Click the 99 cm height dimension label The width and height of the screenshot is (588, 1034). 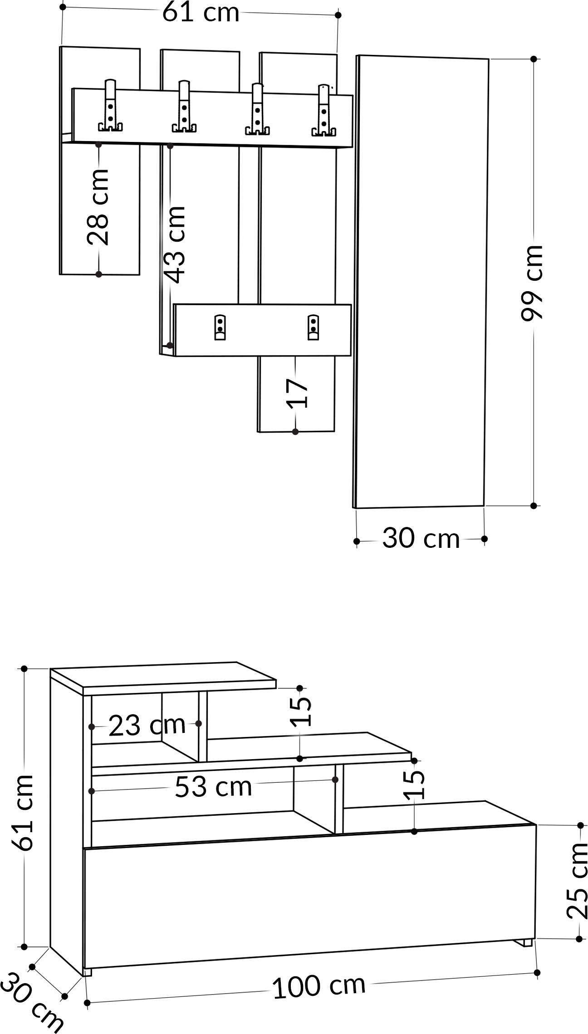click(x=532, y=283)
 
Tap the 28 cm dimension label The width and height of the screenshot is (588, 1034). click(x=98, y=207)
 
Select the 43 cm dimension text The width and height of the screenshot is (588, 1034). click(x=175, y=244)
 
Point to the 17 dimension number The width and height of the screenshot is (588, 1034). click(x=298, y=394)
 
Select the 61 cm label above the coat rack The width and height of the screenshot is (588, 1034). click(x=201, y=12)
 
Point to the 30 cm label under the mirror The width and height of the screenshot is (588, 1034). click(x=421, y=538)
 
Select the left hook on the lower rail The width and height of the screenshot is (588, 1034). click(x=220, y=327)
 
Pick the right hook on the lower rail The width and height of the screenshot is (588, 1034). click(x=313, y=327)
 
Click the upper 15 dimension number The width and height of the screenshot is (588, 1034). click(x=300, y=712)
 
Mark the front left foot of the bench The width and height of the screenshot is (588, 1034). click(x=88, y=972)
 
